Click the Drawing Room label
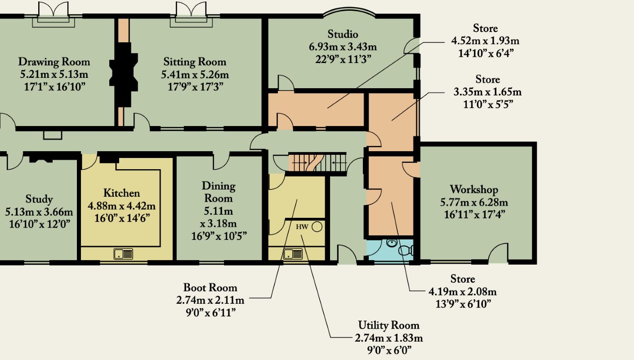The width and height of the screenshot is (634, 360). (54, 62)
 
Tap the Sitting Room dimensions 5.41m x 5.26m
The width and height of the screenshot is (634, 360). (195, 74)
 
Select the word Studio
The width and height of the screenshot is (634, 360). (343, 34)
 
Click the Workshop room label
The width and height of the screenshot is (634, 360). (473, 189)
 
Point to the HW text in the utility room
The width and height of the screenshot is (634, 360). (302, 226)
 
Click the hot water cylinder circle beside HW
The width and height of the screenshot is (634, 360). (317, 226)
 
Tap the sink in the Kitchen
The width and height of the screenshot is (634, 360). (123, 254)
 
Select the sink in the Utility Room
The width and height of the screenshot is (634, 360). (293, 254)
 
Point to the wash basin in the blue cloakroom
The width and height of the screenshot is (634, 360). (391, 243)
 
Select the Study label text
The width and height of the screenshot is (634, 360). (39, 199)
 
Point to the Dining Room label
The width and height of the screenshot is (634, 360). (219, 192)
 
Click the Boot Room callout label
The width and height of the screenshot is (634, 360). (210, 288)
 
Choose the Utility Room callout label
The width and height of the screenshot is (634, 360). (388, 325)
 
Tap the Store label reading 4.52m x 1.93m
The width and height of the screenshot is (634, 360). (485, 41)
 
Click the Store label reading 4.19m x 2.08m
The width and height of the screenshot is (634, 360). (462, 291)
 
